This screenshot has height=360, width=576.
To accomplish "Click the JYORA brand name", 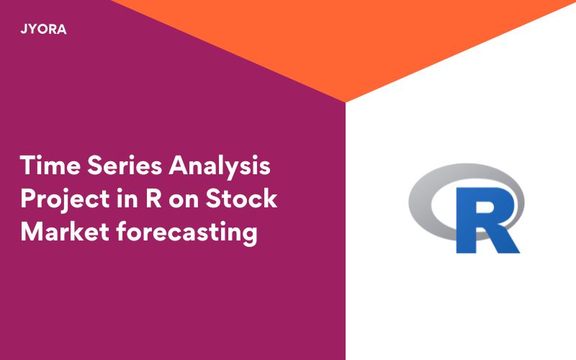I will [44, 30].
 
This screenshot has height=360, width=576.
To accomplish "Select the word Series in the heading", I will [122, 166].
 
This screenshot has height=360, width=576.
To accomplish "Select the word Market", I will [62, 232].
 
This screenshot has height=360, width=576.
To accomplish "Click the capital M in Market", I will [31, 232].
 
